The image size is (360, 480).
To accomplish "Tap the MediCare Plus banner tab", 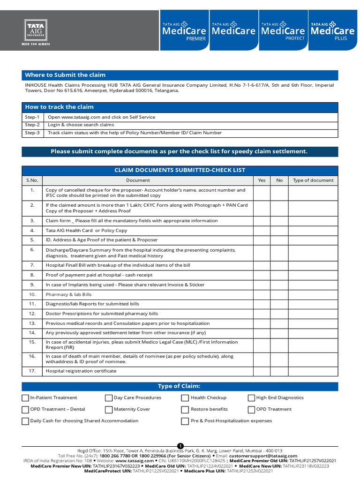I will [x=332, y=31].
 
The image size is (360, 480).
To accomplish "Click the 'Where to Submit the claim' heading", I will [x=65, y=75].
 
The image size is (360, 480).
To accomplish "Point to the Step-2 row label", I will [x=32, y=125].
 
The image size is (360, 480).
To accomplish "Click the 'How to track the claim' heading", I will [x=60, y=107].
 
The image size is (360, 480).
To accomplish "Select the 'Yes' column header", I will [x=262, y=180].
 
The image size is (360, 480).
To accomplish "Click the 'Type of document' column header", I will [x=313, y=180].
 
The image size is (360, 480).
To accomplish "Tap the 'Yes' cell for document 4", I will [x=262, y=231].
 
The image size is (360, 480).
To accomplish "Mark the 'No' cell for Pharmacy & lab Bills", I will [x=279, y=295].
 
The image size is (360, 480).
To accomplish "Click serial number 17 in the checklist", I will [x=32, y=371].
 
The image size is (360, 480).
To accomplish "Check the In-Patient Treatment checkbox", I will [x=25, y=398].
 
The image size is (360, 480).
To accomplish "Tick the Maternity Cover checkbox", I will [x=109, y=410].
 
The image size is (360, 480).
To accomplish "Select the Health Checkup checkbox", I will [x=185, y=398].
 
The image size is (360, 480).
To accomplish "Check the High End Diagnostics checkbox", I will [x=252, y=398].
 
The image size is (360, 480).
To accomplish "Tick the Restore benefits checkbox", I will [x=185, y=410].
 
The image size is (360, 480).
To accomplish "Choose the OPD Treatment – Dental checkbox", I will [x=25, y=410].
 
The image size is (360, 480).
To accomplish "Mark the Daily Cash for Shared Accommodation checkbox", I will [x=25, y=421].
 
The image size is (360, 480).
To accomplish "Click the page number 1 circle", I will [x=180, y=445].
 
